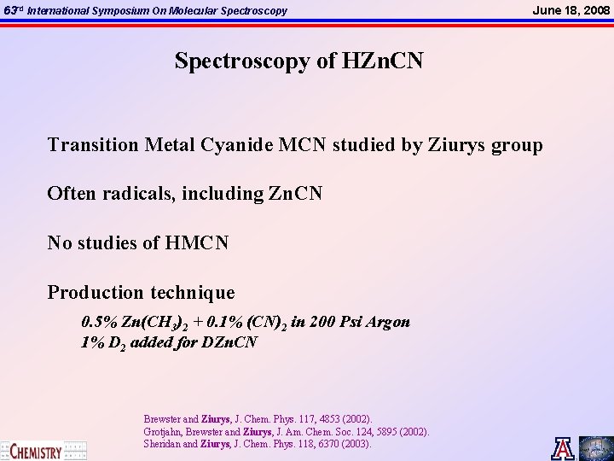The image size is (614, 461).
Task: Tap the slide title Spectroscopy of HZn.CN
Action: coord(299,61)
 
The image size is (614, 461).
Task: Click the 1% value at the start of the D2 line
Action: coord(91,343)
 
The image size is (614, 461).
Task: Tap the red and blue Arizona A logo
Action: coord(563,448)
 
